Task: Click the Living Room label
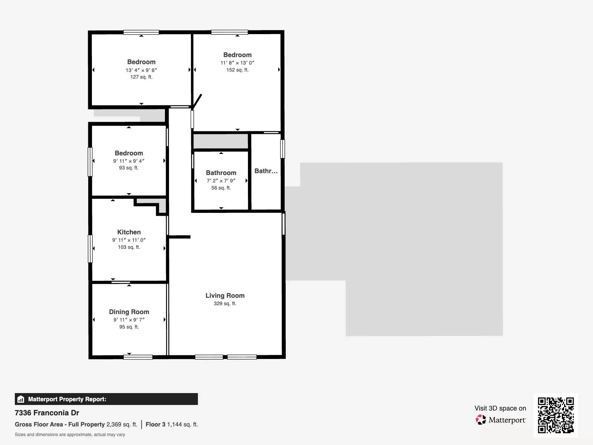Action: (225, 296)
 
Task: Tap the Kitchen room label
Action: (129, 232)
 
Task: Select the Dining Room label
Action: (129, 312)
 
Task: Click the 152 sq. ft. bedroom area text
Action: (237, 70)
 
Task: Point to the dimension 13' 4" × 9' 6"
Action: (141, 70)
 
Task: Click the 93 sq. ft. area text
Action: (129, 168)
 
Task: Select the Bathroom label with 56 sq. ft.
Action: (221, 173)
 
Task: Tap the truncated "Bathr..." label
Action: (266, 171)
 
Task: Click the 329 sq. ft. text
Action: (225, 304)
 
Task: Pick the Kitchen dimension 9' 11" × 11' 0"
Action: (129, 240)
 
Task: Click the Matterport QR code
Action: (556, 415)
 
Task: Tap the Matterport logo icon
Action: (481, 420)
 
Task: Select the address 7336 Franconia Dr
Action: (47, 413)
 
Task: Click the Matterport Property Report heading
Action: (67, 399)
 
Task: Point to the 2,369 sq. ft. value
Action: (122, 425)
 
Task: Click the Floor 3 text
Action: (155, 425)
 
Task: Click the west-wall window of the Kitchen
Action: (90, 248)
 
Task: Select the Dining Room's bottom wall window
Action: (138, 357)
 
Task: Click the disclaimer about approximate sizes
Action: (70, 435)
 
